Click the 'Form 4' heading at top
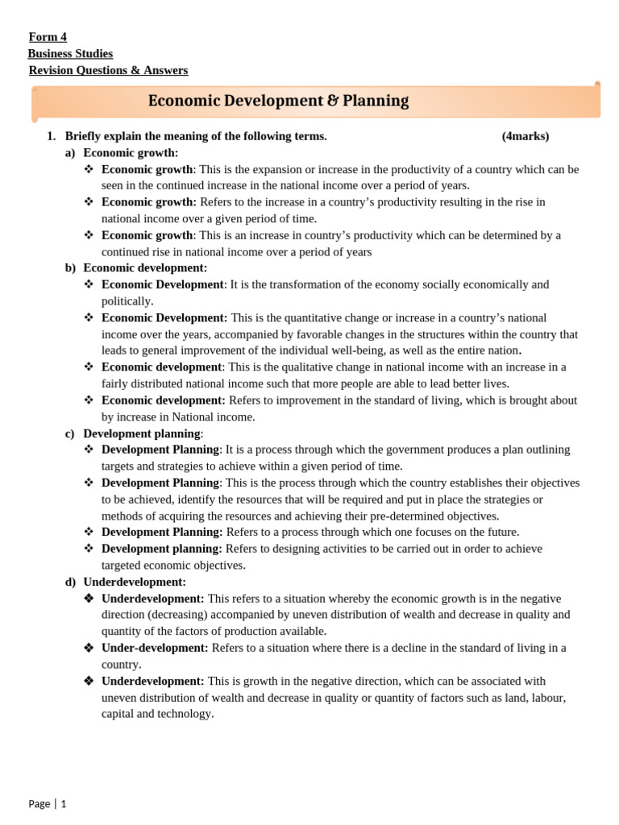pos(48,37)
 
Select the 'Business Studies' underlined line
pos(70,54)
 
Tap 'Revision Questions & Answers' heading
pos(108,70)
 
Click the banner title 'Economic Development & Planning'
pos(278,101)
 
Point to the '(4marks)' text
pos(526,136)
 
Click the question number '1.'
pos(52,136)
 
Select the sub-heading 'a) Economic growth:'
pos(122,152)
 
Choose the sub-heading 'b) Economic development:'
pos(136,267)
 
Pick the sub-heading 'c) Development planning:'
pos(135,433)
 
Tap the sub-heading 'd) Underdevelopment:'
pos(126,582)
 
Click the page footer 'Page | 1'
pos(48,803)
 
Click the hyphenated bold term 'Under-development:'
pos(155,648)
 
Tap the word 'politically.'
pos(127,301)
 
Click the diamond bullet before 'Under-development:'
pos(89,648)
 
